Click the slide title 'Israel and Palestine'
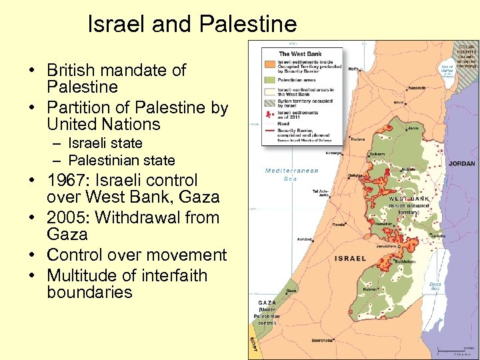(x=192, y=25)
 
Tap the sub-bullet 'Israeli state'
(x=105, y=143)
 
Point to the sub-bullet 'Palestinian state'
(x=121, y=161)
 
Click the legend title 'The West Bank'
(x=300, y=54)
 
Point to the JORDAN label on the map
(x=461, y=163)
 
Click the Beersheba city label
(x=322, y=340)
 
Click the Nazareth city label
(x=417, y=87)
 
